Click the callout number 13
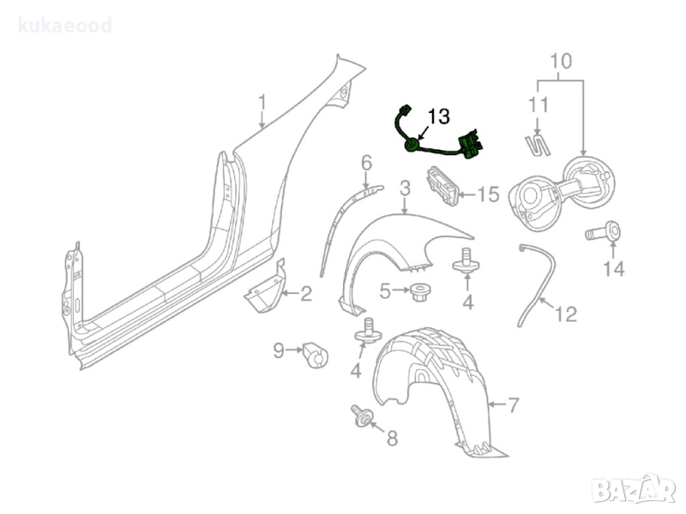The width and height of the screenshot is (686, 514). [x=437, y=116]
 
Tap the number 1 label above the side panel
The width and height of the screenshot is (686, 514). [x=262, y=105]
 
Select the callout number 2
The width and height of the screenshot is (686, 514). [x=305, y=296]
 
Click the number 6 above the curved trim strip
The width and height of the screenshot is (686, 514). [x=366, y=162]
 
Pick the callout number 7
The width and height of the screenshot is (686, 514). [x=513, y=403]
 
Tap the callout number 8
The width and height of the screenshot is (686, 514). [x=392, y=439]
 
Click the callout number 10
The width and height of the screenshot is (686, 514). [x=560, y=62]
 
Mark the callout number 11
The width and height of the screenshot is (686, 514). [x=538, y=106]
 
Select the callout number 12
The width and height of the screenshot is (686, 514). [x=566, y=314]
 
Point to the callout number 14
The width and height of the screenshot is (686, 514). [x=613, y=269]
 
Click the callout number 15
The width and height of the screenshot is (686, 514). [x=487, y=195]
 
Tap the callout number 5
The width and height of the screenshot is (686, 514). [x=386, y=292]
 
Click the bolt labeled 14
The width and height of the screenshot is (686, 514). [x=605, y=230]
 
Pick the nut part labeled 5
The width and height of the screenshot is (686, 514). [x=419, y=292]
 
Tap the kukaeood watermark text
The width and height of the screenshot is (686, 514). [x=66, y=26]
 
